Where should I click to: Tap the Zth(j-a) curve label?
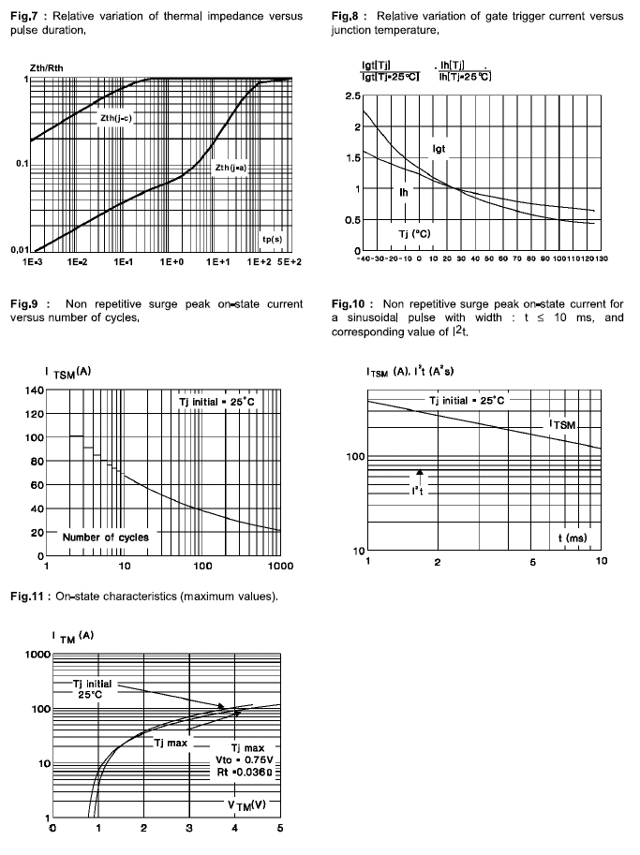pyautogui.click(x=231, y=168)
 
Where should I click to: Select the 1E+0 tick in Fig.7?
pyautogui.click(x=171, y=264)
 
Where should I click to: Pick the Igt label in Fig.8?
pyautogui.click(x=439, y=148)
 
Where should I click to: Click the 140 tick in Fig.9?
pyautogui.click(x=34, y=390)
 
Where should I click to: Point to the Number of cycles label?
pyautogui.click(x=105, y=538)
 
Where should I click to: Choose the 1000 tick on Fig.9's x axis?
pyautogui.click(x=279, y=567)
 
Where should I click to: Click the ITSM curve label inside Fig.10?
pyautogui.click(x=567, y=426)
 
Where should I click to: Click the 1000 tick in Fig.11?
pyautogui.click(x=35, y=654)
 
